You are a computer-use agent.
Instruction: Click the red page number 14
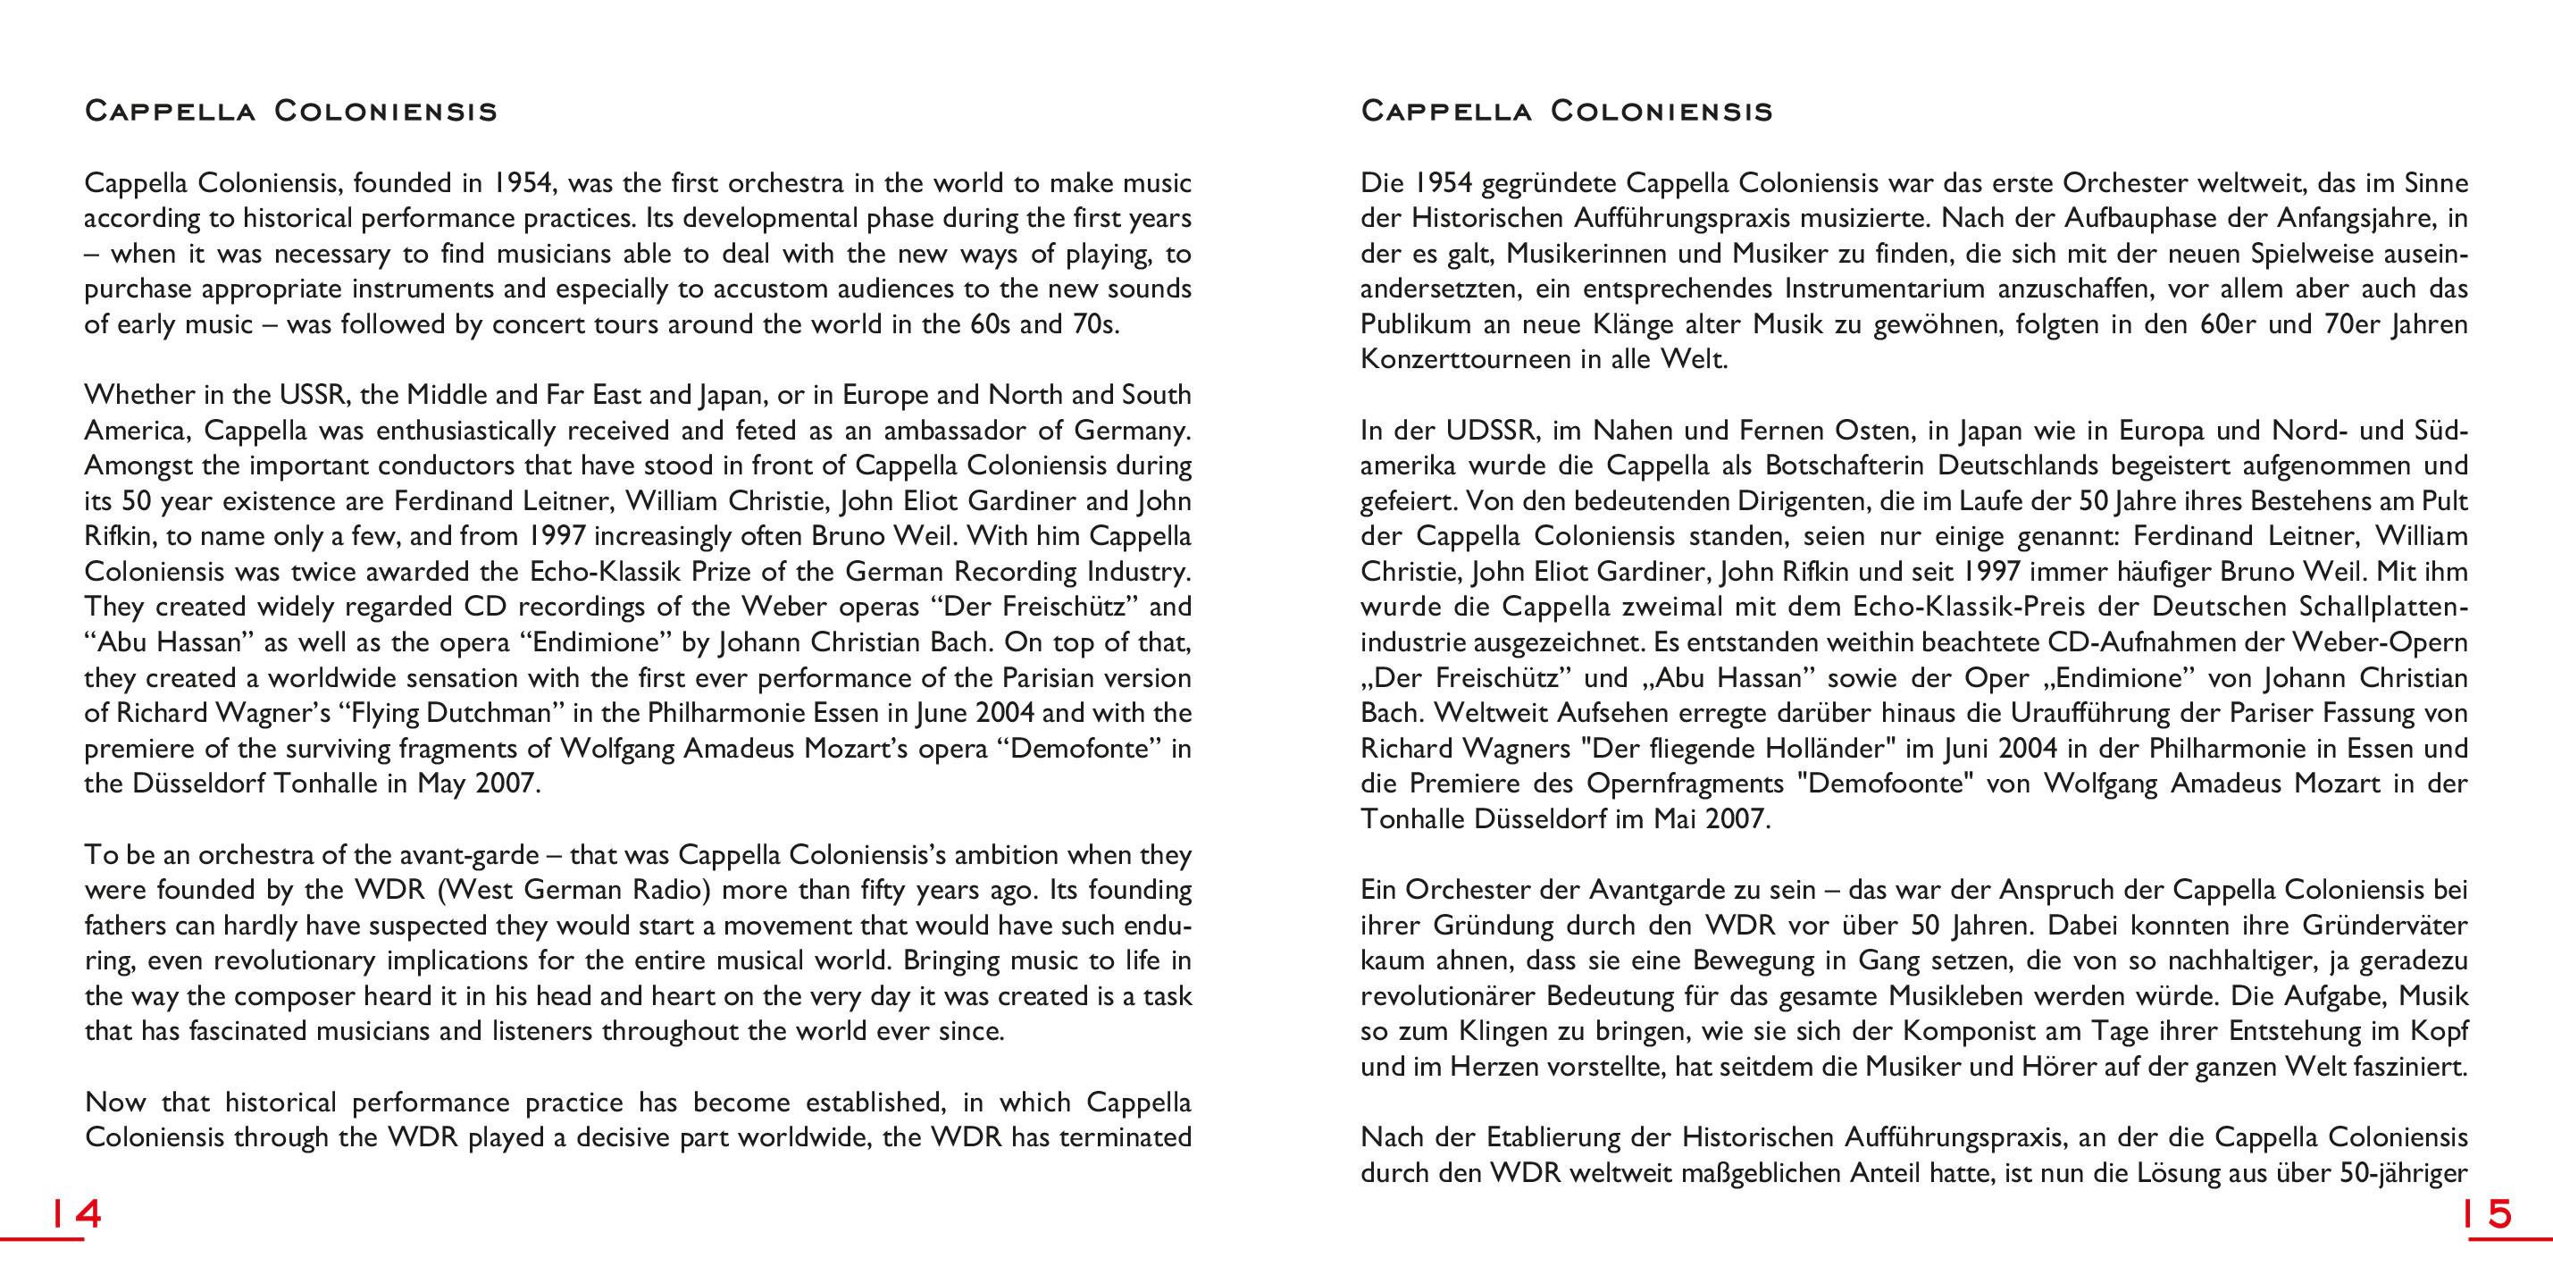pos(76,1213)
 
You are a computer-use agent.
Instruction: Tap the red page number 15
pos(2489,1213)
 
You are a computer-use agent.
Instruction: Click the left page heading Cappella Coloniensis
pos(290,110)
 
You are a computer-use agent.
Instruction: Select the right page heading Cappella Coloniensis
pos(1566,110)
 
